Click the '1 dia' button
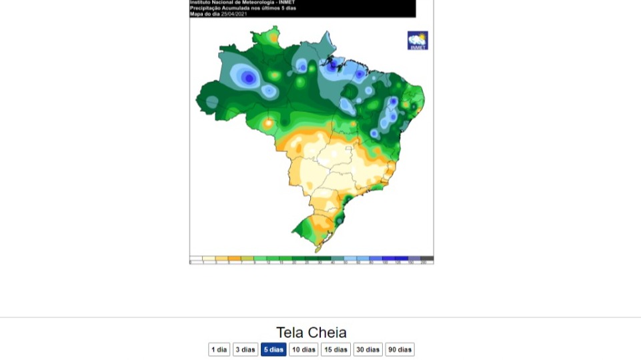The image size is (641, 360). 219,349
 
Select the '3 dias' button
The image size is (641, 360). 245,349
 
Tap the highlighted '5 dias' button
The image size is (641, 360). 273,349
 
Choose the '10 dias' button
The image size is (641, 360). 303,349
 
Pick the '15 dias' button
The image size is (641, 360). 336,349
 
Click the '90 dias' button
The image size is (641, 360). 400,349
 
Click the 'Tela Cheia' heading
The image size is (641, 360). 311,332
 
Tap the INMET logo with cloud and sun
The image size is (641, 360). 418,40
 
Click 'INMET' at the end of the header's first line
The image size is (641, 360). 287,2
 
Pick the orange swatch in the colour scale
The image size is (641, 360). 234,259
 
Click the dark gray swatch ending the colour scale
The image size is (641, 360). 427,259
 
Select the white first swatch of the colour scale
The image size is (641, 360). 196,259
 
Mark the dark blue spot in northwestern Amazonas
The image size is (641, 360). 249,78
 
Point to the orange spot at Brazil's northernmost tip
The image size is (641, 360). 273,39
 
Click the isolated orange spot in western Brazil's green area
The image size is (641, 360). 268,123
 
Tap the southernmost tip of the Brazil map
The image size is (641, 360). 317,250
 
